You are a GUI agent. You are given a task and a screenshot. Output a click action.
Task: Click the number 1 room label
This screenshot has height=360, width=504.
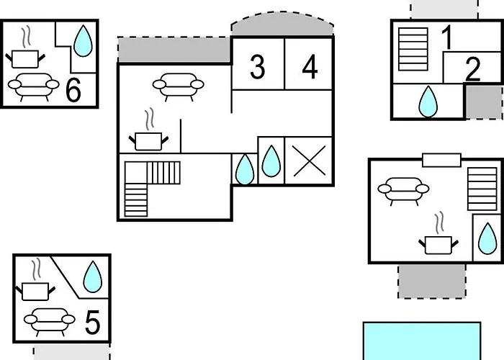tap(447, 38)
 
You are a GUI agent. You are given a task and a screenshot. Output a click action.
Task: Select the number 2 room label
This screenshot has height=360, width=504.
tap(472, 69)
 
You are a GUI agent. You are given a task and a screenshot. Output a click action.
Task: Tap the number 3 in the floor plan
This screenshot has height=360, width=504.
tap(257, 67)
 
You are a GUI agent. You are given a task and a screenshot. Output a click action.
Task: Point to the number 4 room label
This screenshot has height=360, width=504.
tap(310, 67)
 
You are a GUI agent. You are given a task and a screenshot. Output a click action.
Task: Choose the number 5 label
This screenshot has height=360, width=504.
tap(92, 323)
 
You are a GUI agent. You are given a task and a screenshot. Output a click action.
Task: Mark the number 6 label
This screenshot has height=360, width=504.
tap(73, 91)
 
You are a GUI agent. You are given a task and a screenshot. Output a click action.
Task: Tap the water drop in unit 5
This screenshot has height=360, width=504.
tap(92, 276)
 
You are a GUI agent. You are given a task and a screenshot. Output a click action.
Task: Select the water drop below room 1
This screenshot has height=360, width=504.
tap(428, 102)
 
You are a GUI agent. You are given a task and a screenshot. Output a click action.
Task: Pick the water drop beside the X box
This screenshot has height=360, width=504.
tap(271, 161)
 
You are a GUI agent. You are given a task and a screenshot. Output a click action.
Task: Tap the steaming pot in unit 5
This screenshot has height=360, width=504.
tap(34, 284)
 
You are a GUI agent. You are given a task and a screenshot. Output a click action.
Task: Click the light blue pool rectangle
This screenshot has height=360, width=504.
tap(421, 341)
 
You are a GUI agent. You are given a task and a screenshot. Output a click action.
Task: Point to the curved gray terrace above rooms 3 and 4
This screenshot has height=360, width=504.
tap(282, 24)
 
